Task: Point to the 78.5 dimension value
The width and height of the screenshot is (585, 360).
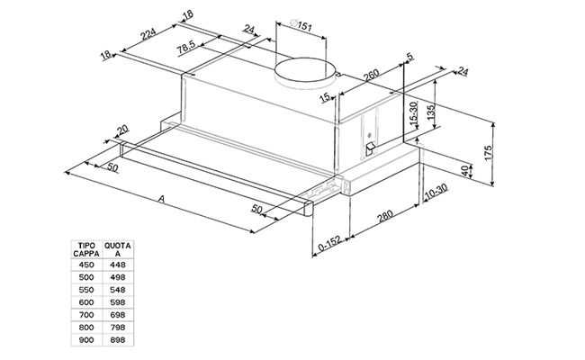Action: [187, 48]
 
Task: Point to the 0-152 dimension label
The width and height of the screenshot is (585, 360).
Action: [331, 244]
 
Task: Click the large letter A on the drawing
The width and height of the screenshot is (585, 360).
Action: [160, 198]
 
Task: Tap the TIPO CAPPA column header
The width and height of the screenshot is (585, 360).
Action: [86, 249]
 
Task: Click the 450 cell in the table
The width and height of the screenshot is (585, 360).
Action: [86, 265]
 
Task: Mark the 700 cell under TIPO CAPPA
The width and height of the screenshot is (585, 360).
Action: [86, 315]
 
